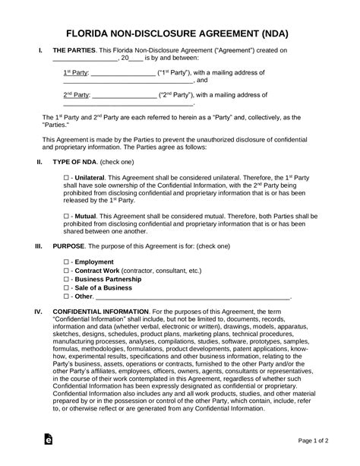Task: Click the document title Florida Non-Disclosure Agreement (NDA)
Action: pos(179,34)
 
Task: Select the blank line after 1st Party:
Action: pos(122,74)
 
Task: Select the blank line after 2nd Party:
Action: pos(122,96)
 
